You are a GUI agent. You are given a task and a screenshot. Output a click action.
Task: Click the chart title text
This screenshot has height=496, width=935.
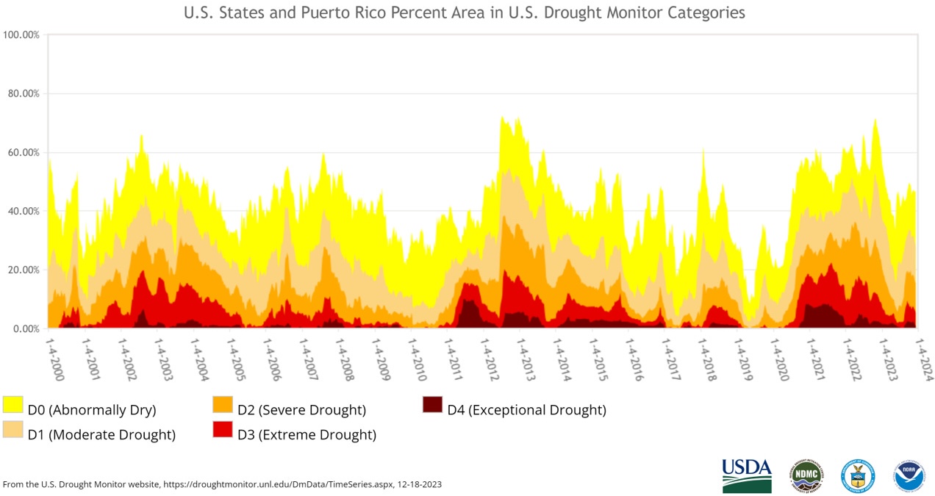464,13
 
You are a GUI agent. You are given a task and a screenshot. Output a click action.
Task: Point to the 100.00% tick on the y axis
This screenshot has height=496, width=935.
21,35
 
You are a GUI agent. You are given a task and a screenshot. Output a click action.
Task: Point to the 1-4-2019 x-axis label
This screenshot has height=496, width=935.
744,359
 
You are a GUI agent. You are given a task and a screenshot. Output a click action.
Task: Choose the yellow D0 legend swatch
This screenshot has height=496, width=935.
13,404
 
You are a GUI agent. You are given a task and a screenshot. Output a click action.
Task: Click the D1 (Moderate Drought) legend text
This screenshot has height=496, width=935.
101,435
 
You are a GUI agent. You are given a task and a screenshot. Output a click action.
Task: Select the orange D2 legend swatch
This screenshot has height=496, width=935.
223,404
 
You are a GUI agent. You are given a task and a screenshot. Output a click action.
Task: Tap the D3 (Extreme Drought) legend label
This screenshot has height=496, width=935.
307,435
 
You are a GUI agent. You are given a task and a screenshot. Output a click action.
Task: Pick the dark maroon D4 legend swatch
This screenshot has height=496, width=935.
432,404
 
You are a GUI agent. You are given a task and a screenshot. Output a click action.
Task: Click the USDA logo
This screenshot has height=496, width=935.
747,475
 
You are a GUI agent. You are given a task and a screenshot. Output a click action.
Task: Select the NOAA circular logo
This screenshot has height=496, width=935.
909,475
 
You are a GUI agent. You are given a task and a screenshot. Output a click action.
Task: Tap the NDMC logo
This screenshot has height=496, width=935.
806,475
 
